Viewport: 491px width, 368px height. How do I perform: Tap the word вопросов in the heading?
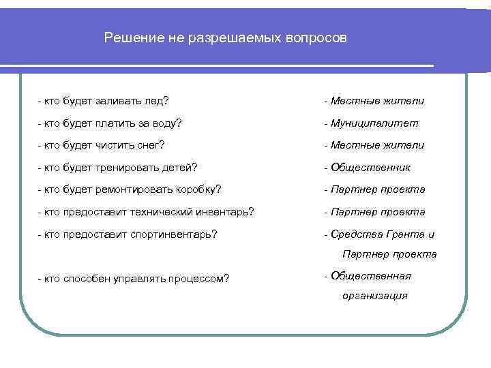point(315,39)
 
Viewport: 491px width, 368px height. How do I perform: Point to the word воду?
point(167,123)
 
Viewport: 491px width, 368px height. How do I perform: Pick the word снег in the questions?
point(151,145)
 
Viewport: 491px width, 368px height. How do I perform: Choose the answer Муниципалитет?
point(374,123)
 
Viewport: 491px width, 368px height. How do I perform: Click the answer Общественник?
point(371,168)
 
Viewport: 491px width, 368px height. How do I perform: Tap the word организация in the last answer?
point(376,296)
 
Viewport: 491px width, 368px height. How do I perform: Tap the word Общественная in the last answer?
point(371,275)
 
